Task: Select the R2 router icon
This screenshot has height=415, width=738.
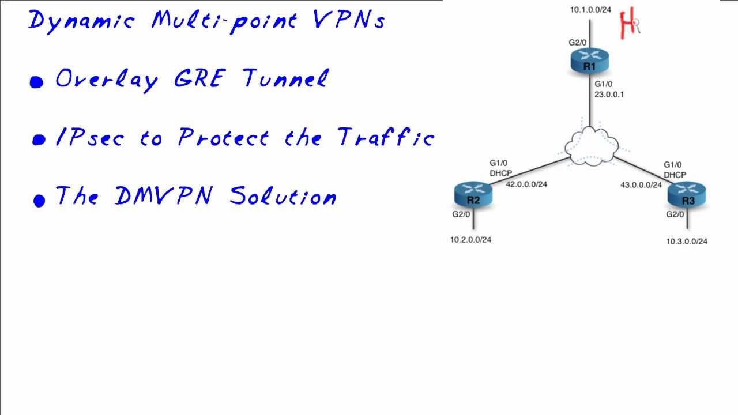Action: [x=473, y=195]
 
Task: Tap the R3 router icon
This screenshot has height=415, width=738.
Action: [x=687, y=195]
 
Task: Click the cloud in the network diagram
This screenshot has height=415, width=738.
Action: [x=588, y=147]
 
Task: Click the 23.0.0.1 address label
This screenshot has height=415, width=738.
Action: [x=609, y=94]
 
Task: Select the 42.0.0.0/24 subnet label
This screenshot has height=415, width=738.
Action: [x=526, y=184]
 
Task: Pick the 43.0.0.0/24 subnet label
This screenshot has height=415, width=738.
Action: [x=641, y=185]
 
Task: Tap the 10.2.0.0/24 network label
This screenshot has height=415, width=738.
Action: [x=471, y=240]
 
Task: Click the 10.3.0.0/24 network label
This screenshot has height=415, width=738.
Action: [x=687, y=242]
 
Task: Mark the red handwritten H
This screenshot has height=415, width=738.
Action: [x=627, y=24]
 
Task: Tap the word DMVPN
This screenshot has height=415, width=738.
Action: [x=164, y=196]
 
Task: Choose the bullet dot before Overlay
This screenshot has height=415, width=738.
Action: [x=37, y=82]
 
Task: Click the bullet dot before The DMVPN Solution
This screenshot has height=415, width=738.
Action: [x=39, y=200]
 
